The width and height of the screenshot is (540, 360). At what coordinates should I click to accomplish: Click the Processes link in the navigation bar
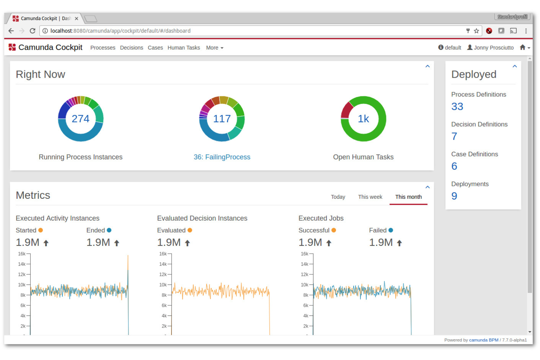click(x=103, y=48)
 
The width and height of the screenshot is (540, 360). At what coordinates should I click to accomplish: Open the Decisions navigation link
click(x=131, y=48)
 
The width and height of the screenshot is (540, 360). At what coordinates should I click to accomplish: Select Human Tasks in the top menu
click(x=184, y=48)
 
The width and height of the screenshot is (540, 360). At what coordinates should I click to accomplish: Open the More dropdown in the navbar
click(x=215, y=48)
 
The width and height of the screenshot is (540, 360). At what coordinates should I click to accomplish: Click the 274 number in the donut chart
click(x=81, y=119)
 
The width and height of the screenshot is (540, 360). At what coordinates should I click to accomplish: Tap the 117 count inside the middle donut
click(x=222, y=119)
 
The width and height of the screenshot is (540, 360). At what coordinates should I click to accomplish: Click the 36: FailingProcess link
click(x=222, y=157)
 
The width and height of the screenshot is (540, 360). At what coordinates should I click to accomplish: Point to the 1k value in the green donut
click(x=363, y=119)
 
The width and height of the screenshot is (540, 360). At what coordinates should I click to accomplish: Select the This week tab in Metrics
click(x=370, y=197)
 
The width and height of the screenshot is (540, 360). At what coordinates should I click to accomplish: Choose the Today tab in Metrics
click(x=338, y=197)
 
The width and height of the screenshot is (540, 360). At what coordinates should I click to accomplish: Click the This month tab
click(x=408, y=197)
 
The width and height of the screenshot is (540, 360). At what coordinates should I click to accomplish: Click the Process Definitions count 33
click(x=457, y=107)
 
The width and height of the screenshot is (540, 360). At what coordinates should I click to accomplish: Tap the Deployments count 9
click(x=454, y=196)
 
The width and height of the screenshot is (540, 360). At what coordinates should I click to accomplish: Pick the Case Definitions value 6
click(x=454, y=166)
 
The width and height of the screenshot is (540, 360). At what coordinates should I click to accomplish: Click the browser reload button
click(x=32, y=31)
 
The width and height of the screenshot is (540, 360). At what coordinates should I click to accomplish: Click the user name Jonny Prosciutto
click(x=493, y=48)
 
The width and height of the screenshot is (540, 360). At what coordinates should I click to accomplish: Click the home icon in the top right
click(x=522, y=47)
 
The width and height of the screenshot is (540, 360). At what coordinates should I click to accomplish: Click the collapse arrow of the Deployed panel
click(x=515, y=66)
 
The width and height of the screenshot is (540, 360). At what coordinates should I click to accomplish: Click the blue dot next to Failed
click(x=390, y=230)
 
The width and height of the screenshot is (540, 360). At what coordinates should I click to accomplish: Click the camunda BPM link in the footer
click(x=483, y=340)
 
